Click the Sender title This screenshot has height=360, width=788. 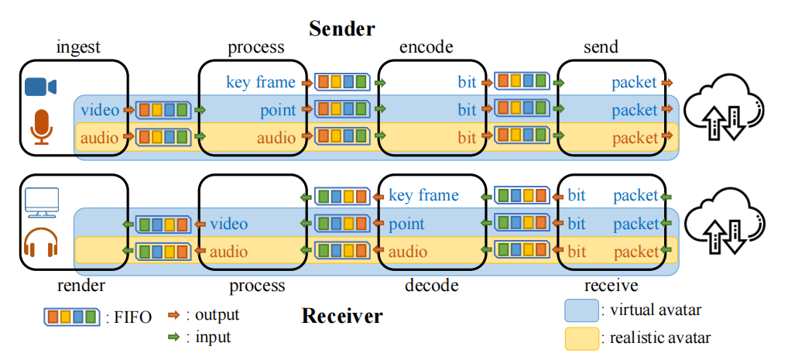coord(341,29)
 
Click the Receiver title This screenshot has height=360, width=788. coord(341,316)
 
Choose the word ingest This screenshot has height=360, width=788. coord(78,47)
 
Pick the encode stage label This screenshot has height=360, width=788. coord(426,47)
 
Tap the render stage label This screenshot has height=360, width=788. coord(81,286)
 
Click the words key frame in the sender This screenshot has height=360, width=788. coord(260,82)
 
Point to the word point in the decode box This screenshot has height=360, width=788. coord(406,225)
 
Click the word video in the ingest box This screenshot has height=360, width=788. coord(100,110)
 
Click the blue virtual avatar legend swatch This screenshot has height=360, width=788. coord(581,310)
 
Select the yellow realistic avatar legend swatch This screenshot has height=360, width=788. coord(581,338)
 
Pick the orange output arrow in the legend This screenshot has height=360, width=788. coord(174,315)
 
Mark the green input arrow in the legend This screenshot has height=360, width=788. coord(174,337)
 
